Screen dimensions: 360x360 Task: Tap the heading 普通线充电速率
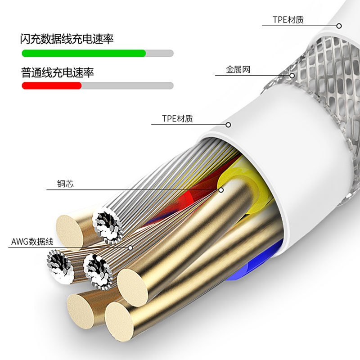click(57, 72)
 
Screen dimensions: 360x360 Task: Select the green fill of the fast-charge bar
click(84, 53)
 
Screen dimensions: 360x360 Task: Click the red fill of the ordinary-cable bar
click(51, 85)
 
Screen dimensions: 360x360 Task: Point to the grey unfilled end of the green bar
click(159, 53)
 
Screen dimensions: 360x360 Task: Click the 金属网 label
click(238, 70)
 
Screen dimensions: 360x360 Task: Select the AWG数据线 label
click(32, 242)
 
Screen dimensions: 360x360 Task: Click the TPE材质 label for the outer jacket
click(288, 19)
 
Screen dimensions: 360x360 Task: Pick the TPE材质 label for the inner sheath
click(177, 119)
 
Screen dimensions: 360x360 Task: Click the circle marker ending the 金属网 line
click(292, 76)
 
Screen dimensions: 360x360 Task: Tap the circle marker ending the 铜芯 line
click(221, 190)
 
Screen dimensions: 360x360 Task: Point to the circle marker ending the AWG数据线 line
click(130, 247)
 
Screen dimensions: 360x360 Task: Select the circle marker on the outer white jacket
click(339, 26)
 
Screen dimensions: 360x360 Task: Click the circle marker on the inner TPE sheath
click(228, 125)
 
